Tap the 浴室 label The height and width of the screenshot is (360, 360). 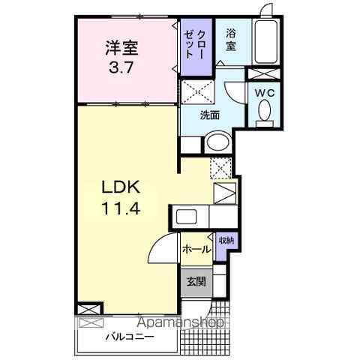(x=232, y=39)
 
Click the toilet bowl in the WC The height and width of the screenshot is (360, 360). (x=263, y=112)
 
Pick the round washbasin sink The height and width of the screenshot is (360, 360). (x=217, y=142)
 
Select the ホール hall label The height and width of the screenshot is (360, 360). (x=195, y=248)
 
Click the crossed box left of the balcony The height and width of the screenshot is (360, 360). (x=88, y=309)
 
